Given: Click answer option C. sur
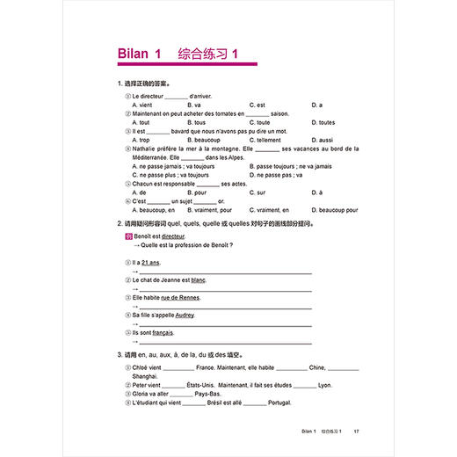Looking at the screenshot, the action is (x=257, y=192).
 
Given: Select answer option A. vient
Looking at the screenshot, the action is (x=141, y=105).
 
